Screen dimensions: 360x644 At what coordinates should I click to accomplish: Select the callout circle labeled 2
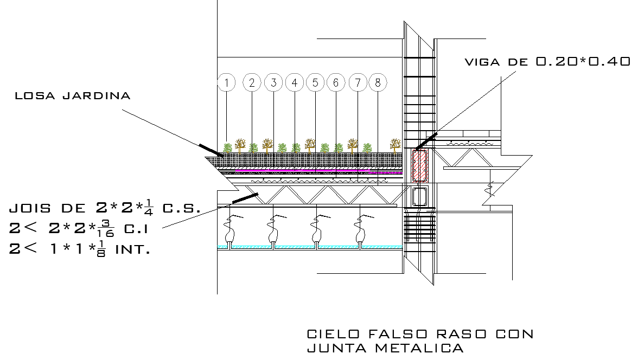(252, 83)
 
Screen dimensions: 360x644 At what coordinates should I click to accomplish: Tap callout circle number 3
(274, 83)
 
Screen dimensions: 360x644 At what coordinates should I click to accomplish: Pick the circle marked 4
(294, 83)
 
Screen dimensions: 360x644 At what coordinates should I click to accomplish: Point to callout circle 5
(315, 83)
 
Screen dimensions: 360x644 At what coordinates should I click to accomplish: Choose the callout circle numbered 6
(336, 83)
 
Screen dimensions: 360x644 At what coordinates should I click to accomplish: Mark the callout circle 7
(358, 83)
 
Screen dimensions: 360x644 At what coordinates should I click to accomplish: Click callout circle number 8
(378, 83)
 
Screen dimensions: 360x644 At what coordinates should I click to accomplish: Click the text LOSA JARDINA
(73, 97)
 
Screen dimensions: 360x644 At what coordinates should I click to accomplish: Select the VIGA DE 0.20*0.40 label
(547, 62)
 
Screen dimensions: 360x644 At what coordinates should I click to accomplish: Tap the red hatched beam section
(420, 166)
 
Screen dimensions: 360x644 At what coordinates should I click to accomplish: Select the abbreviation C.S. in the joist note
(182, 208)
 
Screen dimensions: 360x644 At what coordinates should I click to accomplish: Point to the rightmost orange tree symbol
(395, 144)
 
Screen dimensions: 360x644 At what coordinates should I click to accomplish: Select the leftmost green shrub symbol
(228, 147)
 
